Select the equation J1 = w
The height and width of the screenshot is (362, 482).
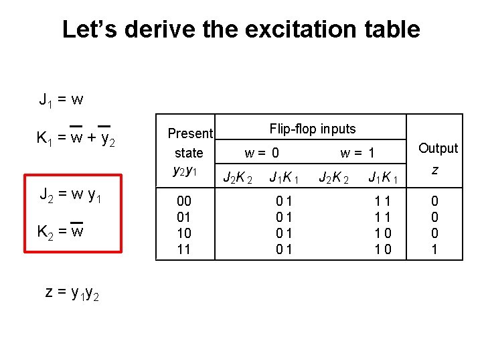pos(61,101)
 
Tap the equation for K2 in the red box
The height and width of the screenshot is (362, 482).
pos(60,232)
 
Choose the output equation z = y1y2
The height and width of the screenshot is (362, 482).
pos(71,292)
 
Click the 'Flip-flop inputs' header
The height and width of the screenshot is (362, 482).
pos(313,129)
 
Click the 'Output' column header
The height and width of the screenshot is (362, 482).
pos(438,148)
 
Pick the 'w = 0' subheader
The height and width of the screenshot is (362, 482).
pos(262,154)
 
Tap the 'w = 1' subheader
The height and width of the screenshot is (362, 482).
pos(357,154)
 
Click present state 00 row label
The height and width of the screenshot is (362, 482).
pos(183,201)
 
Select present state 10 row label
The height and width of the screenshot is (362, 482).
pos(183,233)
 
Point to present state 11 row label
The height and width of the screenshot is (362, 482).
pos(183,249)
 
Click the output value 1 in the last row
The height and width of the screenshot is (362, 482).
pos(434,249)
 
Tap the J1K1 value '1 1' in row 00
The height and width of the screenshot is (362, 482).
pos(384,201)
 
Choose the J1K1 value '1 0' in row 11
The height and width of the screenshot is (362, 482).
pos(384,249)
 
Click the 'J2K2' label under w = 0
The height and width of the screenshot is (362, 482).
pos(238,178)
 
